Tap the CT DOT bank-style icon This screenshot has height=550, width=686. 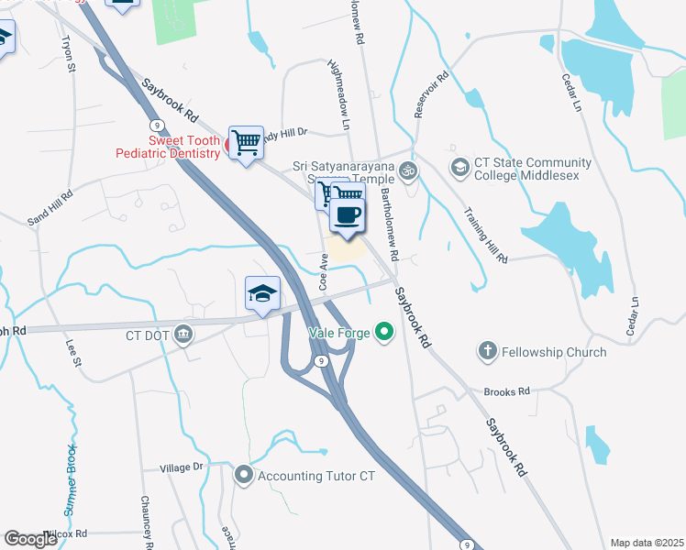[183, 335]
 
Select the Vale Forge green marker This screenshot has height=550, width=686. [384, 332]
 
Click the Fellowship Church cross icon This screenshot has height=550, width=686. [486, 351]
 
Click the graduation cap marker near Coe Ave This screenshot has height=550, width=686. [262, 294]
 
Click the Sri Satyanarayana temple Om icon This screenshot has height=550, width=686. [409, 170]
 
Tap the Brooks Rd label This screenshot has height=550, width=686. [508, 390]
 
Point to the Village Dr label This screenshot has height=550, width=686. [181, 467]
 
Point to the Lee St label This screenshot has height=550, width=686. [73, 352]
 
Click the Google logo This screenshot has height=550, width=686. [32, 539]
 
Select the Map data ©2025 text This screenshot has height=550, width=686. [646, 543]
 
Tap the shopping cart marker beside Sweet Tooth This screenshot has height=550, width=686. [246, 143]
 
